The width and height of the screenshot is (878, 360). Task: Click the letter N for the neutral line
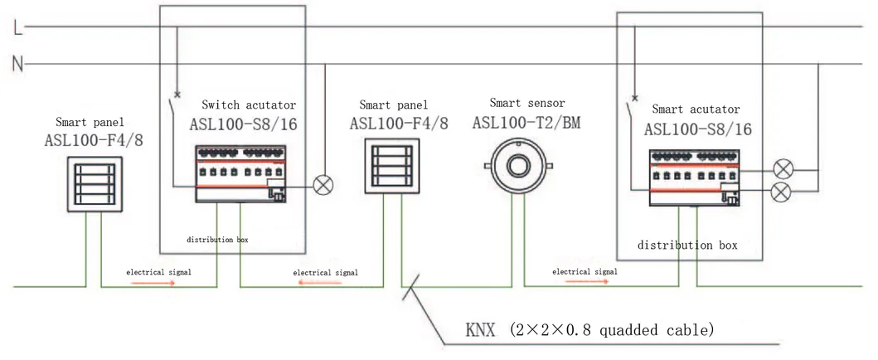tap(17, 63)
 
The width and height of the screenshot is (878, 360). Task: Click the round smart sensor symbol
tap(518, 165)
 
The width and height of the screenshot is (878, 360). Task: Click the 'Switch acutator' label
tap(249, 105)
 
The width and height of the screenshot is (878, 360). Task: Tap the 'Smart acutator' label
tap(696, 109)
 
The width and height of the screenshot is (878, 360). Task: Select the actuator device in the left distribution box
tap(240, 173)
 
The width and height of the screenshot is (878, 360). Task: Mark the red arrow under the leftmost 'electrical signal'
tap(151, 282)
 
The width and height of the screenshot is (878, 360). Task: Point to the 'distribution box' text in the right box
tap(687, 246)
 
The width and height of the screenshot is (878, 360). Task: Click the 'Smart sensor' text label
tap(526, 104)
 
